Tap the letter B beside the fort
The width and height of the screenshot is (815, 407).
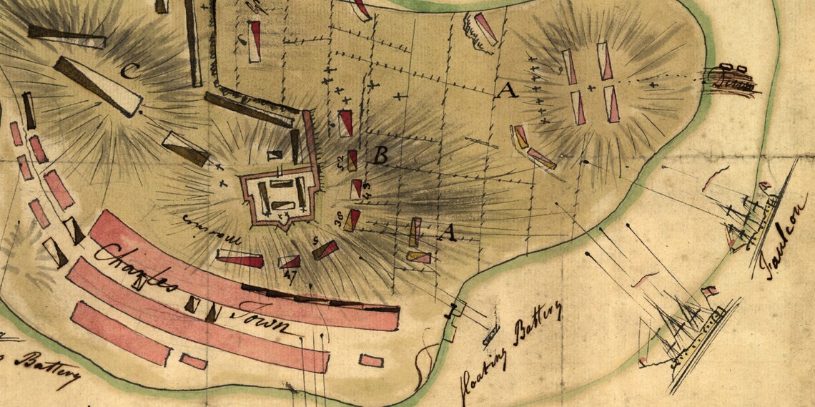click(381, 154)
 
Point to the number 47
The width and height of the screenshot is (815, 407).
click(290, 274)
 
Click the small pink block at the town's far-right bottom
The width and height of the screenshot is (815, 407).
click(370, 361)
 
